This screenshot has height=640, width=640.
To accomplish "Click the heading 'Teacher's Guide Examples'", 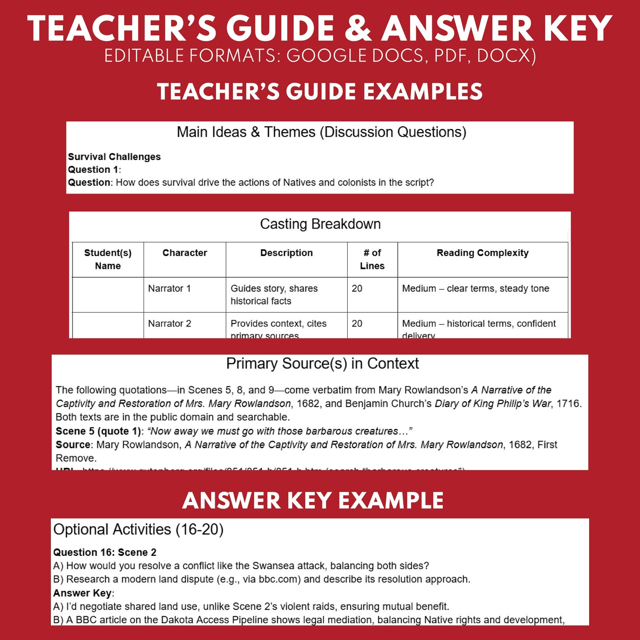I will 320,92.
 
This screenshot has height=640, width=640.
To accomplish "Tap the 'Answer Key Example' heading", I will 313,500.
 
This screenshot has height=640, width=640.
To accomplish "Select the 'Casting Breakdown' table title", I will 320,224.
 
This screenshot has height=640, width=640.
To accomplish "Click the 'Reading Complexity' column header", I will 482,253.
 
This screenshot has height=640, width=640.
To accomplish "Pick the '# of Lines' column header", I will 372,259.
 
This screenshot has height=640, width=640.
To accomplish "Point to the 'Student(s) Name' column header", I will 108,259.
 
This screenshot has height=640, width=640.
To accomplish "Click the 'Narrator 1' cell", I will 169,288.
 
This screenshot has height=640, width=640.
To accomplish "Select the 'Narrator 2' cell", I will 169,323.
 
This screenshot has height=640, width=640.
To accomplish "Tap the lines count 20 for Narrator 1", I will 357,288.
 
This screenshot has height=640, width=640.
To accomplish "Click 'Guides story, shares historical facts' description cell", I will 274,295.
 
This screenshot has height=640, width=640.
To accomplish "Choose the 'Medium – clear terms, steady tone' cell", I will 475,288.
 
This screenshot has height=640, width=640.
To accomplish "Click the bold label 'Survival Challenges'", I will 114,157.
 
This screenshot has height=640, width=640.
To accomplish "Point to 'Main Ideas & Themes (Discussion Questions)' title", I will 321,132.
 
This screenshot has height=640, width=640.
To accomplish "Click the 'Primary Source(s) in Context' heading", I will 322,364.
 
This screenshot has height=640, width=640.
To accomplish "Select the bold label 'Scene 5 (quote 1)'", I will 98,431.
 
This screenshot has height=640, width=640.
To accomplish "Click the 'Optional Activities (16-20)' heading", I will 138,529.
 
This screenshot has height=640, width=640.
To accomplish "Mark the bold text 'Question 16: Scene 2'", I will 105,552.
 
